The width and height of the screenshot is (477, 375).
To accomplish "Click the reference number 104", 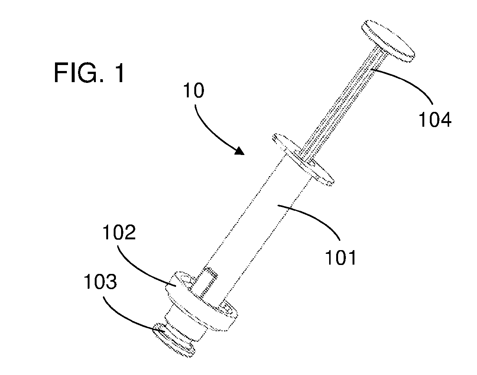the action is [435, 119].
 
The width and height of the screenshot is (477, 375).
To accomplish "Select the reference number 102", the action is [119, 232].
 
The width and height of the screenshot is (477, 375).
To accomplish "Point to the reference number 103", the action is [100, 282].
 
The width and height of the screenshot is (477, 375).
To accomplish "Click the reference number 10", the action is [194, 90].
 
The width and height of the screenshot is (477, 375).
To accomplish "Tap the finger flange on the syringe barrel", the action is [303, 160].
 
